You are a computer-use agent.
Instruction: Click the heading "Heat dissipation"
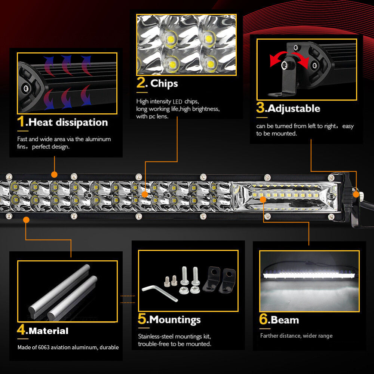[68, 122]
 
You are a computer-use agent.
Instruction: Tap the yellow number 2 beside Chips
[141, 83]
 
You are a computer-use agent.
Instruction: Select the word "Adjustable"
[294, 108]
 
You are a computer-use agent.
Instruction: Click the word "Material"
[48, 331]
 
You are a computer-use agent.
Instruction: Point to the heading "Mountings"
[175, 320]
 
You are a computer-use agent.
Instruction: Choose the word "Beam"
[285, 320]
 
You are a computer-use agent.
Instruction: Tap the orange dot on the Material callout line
[26, 220]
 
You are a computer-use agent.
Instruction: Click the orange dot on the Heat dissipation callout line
[54, 175]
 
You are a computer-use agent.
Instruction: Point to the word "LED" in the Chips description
[177, 101]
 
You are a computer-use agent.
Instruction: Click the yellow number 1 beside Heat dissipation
[22, 122]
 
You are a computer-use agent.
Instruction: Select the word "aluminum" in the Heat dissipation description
[98, 139]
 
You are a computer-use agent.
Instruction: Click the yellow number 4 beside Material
[22, 330]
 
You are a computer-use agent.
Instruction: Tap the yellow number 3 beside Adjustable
[260, 108]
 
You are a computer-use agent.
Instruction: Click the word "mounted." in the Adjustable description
[284, 134]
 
